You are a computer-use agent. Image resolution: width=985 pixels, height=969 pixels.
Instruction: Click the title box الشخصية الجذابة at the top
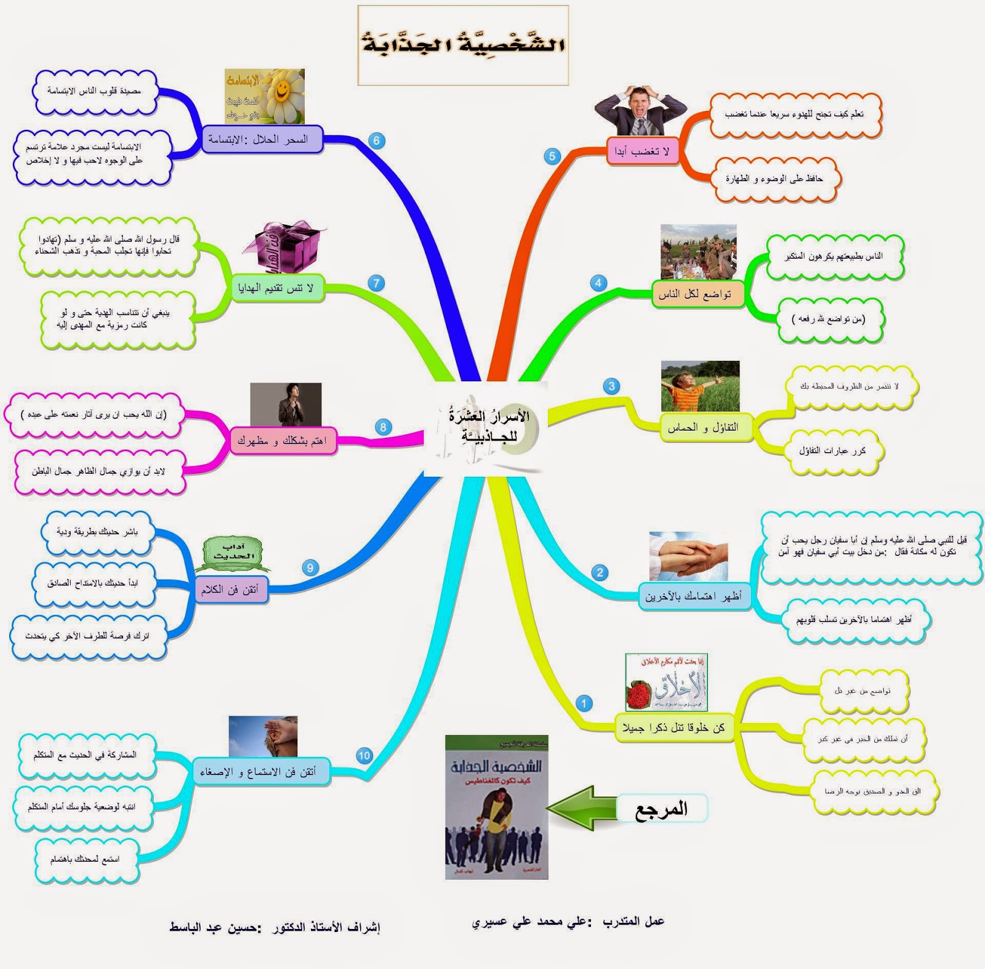pyautogui.click(x=463, y=45)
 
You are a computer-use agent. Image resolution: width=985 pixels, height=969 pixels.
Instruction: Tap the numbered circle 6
pyautogui.click(x=377, y=140)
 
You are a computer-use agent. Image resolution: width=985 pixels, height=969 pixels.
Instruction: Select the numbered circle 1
pyautogui.click(x=584, y=703)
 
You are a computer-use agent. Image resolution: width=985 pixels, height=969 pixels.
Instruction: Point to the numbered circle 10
pyautogui.click(x=364, y=756)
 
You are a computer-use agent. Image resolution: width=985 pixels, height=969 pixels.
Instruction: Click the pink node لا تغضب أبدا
pyautogui.click(x=642, y=152)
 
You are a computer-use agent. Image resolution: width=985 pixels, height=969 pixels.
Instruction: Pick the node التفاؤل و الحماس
pyautogui.click(x=702, y=428)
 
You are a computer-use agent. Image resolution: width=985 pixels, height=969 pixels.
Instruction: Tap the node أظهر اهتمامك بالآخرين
pyautogui.click(x=694, y=596)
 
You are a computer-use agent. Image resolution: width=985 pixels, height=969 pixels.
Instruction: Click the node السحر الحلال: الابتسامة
pyautogui.click(x=262, y=140)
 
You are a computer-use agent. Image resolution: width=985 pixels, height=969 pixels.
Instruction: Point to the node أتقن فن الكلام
pyautogui.click(x=230, y=590)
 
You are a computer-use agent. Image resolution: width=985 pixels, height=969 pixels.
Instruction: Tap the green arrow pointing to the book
pyautogui.click(x=581, y=808)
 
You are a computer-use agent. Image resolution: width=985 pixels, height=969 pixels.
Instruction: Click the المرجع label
pyautogui.click(x=662, y=809)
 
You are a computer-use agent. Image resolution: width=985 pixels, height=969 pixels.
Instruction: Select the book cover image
pyautogui.click(x=496, y=807)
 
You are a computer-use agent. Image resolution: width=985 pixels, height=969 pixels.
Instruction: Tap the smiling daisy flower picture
pyautogui.click(x=265, y=96)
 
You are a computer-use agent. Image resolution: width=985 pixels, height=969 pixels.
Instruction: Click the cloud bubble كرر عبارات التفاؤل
pyautogui.click(x=832, y=451)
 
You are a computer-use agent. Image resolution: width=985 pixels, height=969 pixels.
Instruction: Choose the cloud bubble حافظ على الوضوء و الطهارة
pyautogui.click(x=775, y=179)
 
